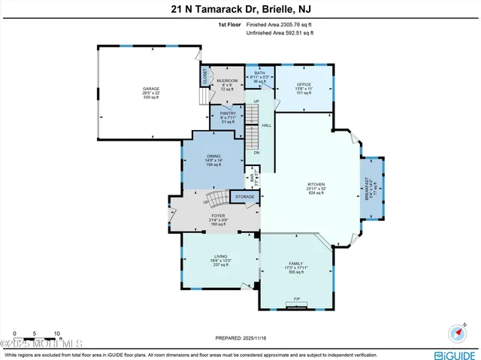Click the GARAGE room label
coord(151,88)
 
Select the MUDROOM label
coord(227,80)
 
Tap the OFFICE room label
coord(304,84)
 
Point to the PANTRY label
coord(228,113)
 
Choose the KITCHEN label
coord(315,185)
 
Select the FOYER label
coord(218,216)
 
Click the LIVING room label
coord(220,256)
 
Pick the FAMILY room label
coord(295,264)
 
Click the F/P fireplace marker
coord(296,298)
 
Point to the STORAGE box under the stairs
coord(245,197)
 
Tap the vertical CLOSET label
coord(204,76)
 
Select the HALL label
coord(266,126)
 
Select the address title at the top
coord(240,9)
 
